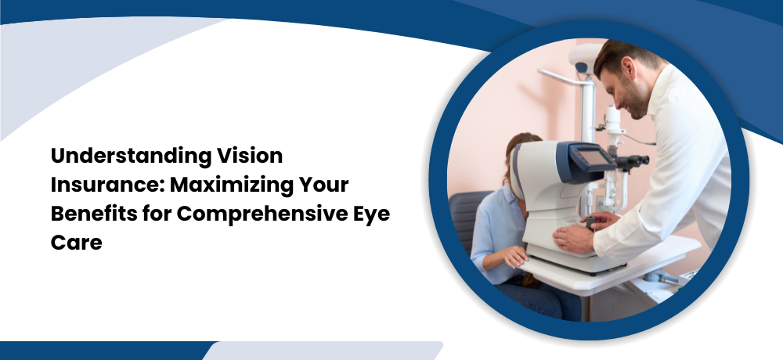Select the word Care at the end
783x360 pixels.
(x=77, y=243)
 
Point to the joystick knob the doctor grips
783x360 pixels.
(x=591, y=221)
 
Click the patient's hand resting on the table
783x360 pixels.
(x=514, y=256)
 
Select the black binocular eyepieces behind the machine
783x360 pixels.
(x=632, y=161)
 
